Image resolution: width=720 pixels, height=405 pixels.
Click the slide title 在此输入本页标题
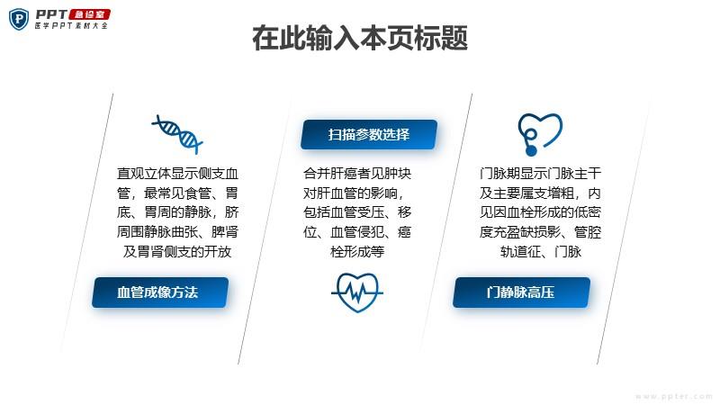360,38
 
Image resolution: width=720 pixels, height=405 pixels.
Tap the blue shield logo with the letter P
19,20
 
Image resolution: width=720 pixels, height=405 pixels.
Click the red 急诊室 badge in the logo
89,14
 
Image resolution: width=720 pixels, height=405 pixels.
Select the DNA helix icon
177,134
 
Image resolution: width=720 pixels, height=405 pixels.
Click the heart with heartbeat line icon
357,292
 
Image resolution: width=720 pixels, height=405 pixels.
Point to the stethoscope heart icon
539,134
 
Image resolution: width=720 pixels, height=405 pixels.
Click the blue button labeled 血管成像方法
160,292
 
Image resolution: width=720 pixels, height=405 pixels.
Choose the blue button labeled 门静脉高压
521,292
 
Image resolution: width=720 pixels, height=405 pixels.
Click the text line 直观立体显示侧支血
177,174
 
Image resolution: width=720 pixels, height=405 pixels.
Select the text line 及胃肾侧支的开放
177,252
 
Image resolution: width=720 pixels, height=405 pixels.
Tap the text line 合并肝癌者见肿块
357,174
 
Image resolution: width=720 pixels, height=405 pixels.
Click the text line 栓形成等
357,252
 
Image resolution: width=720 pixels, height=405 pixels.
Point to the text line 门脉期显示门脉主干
540,174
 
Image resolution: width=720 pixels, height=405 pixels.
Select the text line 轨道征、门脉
541,252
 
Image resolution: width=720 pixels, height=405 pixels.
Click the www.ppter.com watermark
673,396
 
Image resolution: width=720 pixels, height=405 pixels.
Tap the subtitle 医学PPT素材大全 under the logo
71,26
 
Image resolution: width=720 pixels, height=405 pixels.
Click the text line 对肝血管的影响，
354,193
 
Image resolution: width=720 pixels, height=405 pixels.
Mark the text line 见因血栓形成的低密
540,212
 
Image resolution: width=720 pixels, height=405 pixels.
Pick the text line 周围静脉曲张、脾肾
177,232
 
